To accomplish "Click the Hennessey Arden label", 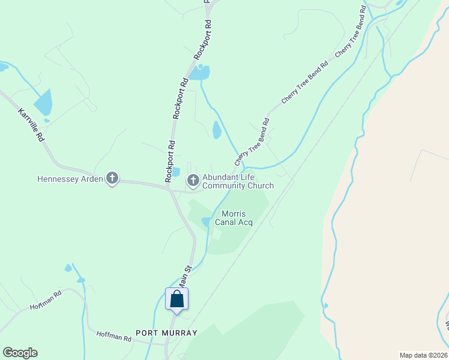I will [70, 179].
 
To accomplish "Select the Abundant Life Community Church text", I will [238, 181].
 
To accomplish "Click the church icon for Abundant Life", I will [193, 179].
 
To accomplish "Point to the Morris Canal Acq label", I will [237, 218].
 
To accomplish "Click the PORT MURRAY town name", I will [166, 332].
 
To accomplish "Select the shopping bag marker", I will [177, 299].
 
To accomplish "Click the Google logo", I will [20, 353].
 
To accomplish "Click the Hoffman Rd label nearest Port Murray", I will [114, 338].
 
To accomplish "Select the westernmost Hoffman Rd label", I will [46, 301].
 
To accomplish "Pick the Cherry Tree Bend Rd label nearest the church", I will [253, 142].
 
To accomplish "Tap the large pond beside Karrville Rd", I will [43, 103].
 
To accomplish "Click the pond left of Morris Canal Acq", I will [206, 221].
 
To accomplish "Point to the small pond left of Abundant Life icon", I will [176, 172].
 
